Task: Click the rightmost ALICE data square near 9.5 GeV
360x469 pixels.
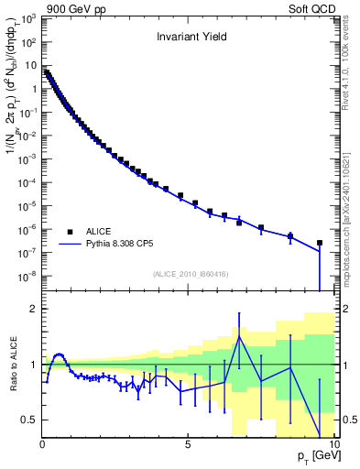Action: pyautogui.click(x=319, y=244)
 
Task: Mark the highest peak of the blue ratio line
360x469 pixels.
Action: pyautogui.click(x=239, y=336)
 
